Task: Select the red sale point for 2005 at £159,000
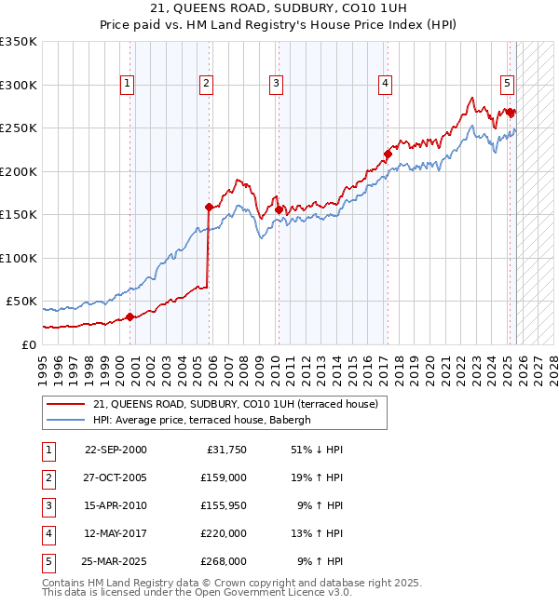(209, 208)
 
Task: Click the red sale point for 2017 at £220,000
(388, 155)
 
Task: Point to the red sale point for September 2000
(130, 316)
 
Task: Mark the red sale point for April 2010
(279, 210)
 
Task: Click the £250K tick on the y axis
(19, 128)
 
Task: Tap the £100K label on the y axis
(19, 258)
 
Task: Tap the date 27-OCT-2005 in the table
(116, 477)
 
